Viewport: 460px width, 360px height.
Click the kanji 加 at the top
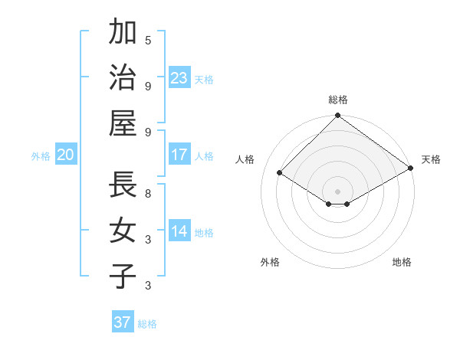pyautogui.click(x=123, y=33)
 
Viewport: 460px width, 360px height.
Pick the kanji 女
pyautogui.click(x=123, y=231)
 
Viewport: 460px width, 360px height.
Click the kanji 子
pyautogui.click(x=123, y=276)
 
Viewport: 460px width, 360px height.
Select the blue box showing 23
pyautogui.click(x=179, y=77)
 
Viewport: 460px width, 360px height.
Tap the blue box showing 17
pyautogui.click(x=179, y=155)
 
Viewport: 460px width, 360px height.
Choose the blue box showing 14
pyautogui.click(x=179, y=231)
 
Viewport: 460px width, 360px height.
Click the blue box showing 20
pyautogui.click(x=66, y=155)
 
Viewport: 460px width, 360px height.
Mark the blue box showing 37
pyautogui.click(x=123, y=322)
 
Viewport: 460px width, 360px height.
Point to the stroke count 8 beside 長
pyautogui.click(x=148, y=194)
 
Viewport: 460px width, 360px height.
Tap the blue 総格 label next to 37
pyautogui.click(x=147, y=324)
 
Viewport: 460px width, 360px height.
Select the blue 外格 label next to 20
pyautogui.click(x=41, y=156)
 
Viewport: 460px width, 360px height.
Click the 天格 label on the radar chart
pyautogui.click(x=431, y=159)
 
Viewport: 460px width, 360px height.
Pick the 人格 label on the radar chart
pyautogui.click(x=245, y=159)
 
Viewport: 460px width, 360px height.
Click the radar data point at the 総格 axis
pyautogui.click(x=337, y=116)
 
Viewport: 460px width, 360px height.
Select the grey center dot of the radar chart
pyautogui.click(x=337, y=191)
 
